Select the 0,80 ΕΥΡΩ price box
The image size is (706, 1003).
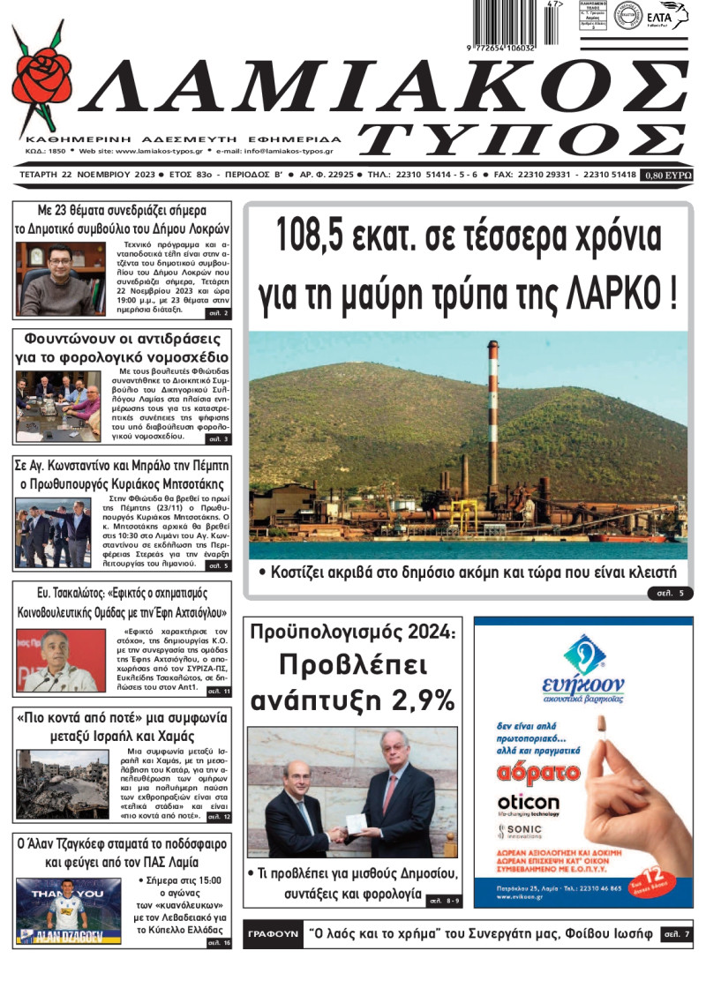click(667, 176)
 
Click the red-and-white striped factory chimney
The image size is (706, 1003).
click(492, 415)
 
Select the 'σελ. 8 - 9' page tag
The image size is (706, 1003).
click(443, 901)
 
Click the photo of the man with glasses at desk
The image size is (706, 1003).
click(56, 279)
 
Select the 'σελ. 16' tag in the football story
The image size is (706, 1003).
click(217, 943)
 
